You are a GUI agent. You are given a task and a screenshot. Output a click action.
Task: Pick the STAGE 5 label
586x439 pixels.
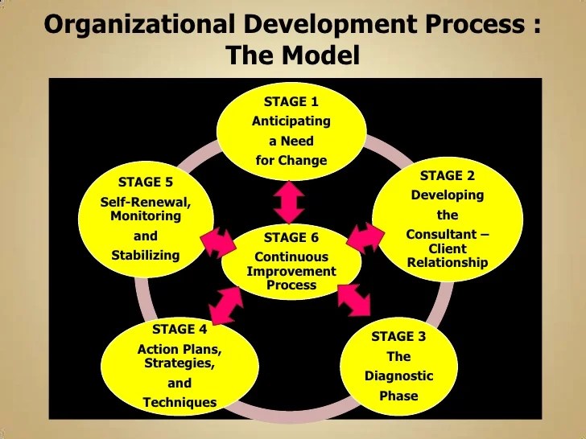click(x=146, y=182)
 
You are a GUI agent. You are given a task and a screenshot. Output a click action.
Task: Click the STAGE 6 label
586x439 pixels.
click(x=291, y=237)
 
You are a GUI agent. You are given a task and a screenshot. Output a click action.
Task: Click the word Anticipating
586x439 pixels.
click(x=291, y=121)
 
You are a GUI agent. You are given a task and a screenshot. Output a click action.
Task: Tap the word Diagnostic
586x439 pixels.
click(x=398, y=375)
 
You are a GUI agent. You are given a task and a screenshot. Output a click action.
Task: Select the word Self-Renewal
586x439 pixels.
click(x=146, y=202)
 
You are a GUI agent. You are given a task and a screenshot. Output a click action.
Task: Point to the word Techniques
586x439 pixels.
click(x=180, y=402)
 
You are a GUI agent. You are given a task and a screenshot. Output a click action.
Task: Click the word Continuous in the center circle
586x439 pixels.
click(x=291, y=257)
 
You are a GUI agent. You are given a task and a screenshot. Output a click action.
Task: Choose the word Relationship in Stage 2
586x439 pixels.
click(x=447, y=262)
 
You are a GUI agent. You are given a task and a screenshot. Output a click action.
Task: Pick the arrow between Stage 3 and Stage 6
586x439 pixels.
click(x=353, y=300)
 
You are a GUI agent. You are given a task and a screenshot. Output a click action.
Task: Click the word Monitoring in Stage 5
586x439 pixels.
click(x=146, y=215)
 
